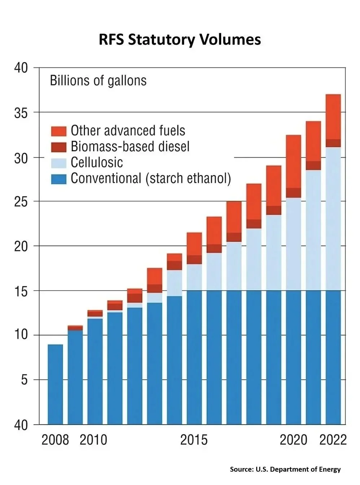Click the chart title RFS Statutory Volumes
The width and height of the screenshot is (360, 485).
pos(180,40)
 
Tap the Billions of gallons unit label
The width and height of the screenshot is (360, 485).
pos(98,80)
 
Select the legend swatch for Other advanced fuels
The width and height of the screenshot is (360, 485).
pos(58,131)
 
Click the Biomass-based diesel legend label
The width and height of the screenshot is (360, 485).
pos(130,146)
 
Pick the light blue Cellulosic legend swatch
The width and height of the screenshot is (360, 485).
pos(58,163)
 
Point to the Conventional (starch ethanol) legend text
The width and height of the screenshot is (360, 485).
pos(150,178)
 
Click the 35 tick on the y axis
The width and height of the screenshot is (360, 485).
pos(21,113)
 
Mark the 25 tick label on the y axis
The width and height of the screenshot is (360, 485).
pos(21,202)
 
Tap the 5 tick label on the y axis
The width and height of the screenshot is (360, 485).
pos(24,380)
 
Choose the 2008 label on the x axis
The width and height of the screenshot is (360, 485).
pos(55,440)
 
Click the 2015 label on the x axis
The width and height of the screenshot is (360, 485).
pos(194,440)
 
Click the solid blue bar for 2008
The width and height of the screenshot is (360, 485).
pos(55,384)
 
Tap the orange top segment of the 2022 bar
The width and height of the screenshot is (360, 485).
pos(333,116)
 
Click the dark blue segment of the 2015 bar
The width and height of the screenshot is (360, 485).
pos(194,357)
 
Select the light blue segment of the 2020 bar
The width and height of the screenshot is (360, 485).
pos(294,244)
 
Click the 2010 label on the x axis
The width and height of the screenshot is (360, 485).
pos(93,440)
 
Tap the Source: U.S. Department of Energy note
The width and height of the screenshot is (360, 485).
pos(285,469)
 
